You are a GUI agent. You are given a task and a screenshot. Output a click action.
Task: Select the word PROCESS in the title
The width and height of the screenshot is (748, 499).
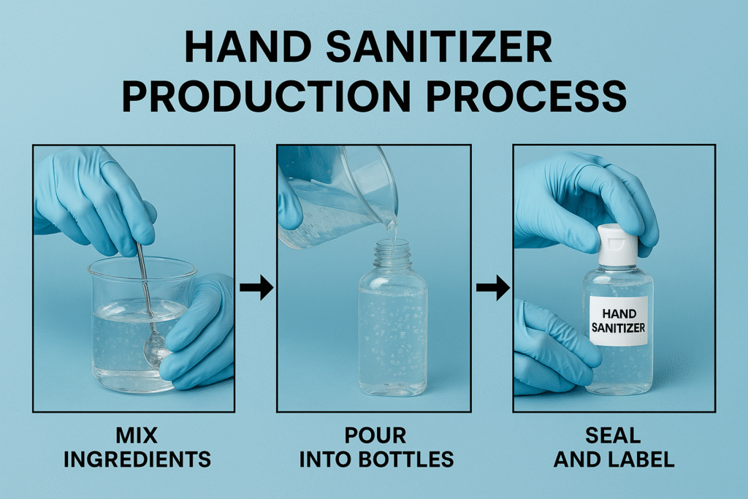[x=526, y=96]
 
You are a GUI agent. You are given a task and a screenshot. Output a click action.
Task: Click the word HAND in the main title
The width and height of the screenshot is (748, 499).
[x=248, y=47]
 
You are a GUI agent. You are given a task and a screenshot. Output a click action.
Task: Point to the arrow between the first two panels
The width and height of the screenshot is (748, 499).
[x=256, y=287]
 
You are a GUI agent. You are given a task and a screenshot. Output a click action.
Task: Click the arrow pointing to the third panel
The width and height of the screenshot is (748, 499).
[x=493, y=287]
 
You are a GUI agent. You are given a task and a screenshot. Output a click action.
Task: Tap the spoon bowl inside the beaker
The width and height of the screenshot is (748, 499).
[x=155, y=349]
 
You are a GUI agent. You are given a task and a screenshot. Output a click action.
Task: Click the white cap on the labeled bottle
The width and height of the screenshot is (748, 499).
[x=618, y=245]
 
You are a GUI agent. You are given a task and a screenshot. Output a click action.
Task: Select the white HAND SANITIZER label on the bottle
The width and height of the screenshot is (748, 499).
[x=619, y=321]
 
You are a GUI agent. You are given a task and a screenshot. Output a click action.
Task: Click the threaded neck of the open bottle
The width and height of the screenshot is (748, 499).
[x=392, y=255]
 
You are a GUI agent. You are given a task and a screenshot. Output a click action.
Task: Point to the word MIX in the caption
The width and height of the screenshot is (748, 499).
[x=137, y=435]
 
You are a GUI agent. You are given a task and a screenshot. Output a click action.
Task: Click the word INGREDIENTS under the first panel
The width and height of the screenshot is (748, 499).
[x=137, y=459]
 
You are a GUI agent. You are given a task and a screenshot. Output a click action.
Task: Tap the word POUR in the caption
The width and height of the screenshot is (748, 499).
[x=375, y=435]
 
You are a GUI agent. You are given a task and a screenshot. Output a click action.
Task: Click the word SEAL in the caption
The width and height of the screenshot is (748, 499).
[x=613, y=435]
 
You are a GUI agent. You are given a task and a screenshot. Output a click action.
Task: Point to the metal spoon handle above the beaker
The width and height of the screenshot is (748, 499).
[x=144, y=278]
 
